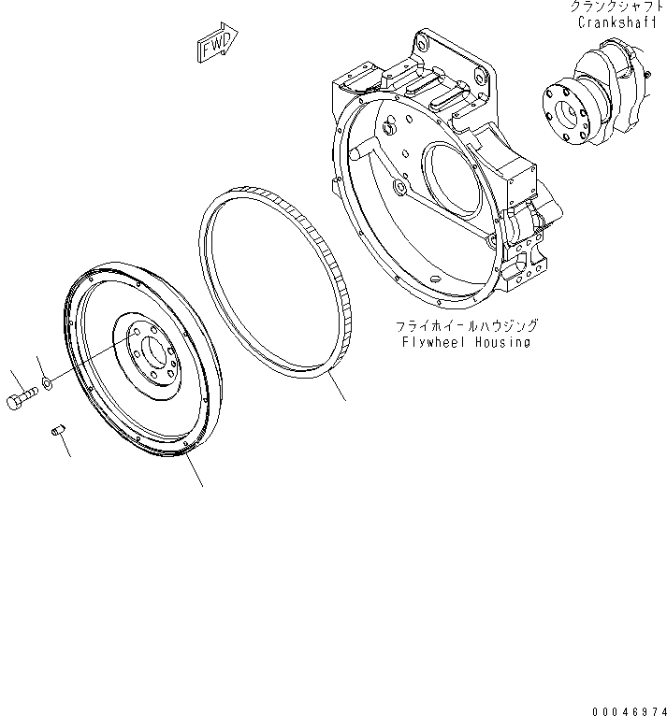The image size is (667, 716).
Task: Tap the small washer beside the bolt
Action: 47,383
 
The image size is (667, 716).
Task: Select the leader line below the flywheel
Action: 194,472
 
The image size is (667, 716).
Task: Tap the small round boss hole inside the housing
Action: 399,189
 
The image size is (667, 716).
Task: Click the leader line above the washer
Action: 40,366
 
